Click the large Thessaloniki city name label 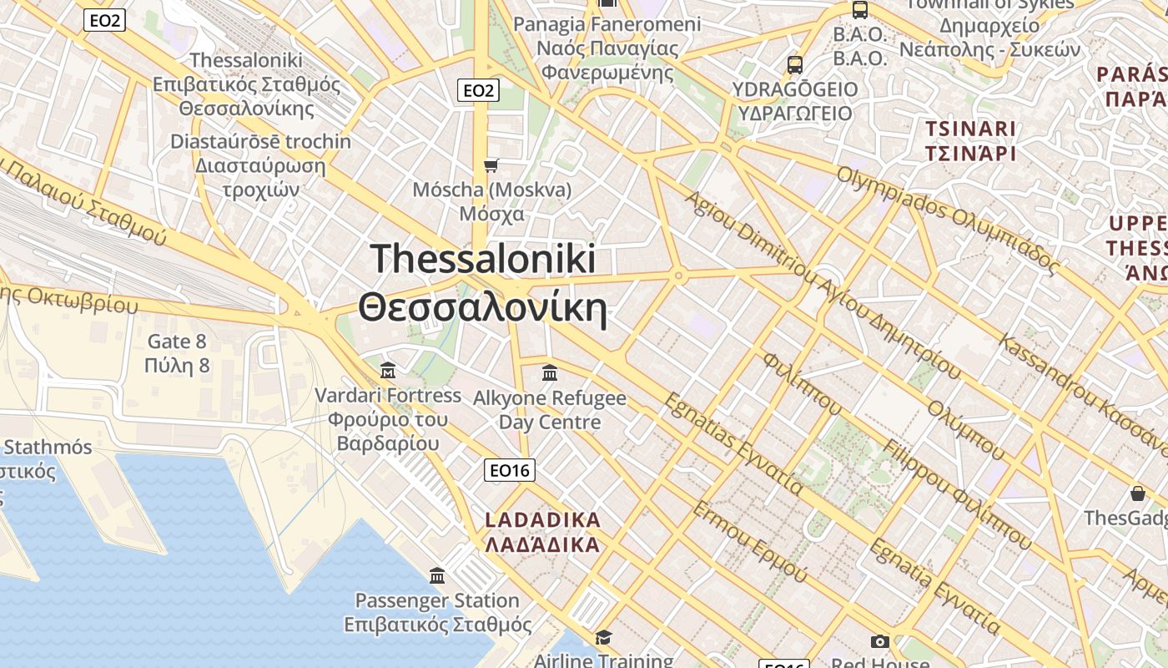[x=482, y=282]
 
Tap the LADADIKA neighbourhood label [x=542, y=532]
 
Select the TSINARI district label [x=970, y=141]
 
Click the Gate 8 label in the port [x=177, y=353]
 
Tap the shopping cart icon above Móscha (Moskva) [x=491, y=165]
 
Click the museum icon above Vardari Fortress [x=388, y=370]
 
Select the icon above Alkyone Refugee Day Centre [x=549, y=372]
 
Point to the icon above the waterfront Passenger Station [x=437, y=575]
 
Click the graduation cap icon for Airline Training [x=603, y=638]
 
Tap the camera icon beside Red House [x=879, y=641]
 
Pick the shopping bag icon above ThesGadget [x=1137, y=493]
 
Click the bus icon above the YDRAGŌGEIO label [x=795, y=64]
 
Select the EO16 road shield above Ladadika [x=509, y=470]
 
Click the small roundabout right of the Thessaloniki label [x=679, y=275]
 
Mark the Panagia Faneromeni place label [x=607, y=48]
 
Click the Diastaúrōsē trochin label [x=260, y=164]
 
